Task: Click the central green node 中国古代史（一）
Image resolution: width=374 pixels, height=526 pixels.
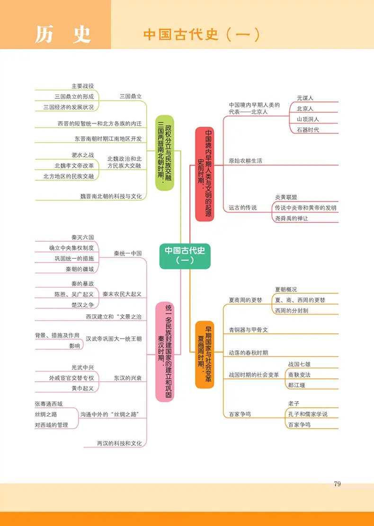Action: [x=185, y=256]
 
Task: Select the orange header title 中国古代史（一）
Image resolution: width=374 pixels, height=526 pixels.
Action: [x=201, y=35]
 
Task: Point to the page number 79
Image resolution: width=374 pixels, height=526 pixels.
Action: [x=338, y=484]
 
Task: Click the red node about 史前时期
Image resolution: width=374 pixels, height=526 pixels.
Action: [x=205, y=174]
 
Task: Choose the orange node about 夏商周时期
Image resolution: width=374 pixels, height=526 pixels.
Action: [x=205, y=355]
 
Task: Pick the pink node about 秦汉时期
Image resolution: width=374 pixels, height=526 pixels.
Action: [x=165, y=351]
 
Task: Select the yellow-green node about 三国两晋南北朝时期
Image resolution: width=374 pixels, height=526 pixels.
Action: [x=165, y=153]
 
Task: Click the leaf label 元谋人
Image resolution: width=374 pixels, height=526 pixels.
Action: [x=305, y=98]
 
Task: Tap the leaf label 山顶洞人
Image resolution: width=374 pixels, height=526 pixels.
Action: [x=308, y=119]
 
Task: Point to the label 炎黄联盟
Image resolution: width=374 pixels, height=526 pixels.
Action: [x=286, y=197]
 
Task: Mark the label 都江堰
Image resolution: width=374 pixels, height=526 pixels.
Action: [x=296, y=385]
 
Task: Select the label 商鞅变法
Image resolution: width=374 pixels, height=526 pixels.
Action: [x=299, y=375]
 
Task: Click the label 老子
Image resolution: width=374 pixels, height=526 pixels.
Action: [x=294, y=403]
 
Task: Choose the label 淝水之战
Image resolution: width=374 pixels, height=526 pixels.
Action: [x=82, y=155]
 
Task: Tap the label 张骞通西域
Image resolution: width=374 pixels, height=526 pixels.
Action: [x=49, y=404]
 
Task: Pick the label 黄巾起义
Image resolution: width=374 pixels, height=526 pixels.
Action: [x=82, y=388]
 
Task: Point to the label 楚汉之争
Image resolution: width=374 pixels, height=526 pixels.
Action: [x=82, y=305]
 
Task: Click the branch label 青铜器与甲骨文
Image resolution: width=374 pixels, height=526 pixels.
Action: [x=249, y=330]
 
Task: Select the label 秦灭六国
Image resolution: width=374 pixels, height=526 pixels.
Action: [x=82, y=237]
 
